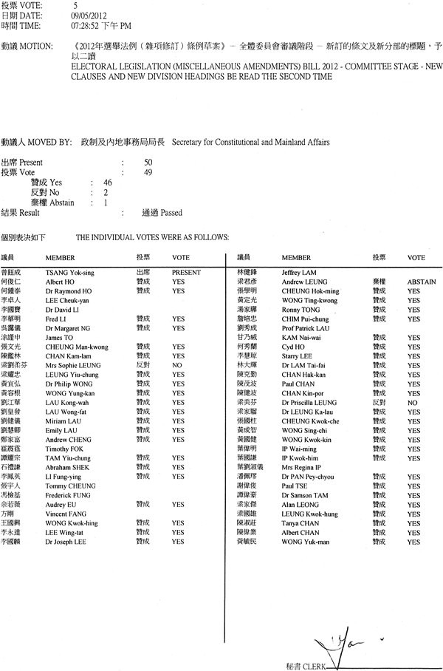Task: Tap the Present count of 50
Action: [148, 162]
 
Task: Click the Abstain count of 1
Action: [106, 202]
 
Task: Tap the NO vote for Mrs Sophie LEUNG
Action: [177, 365]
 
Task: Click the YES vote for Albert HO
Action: [177, 282]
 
